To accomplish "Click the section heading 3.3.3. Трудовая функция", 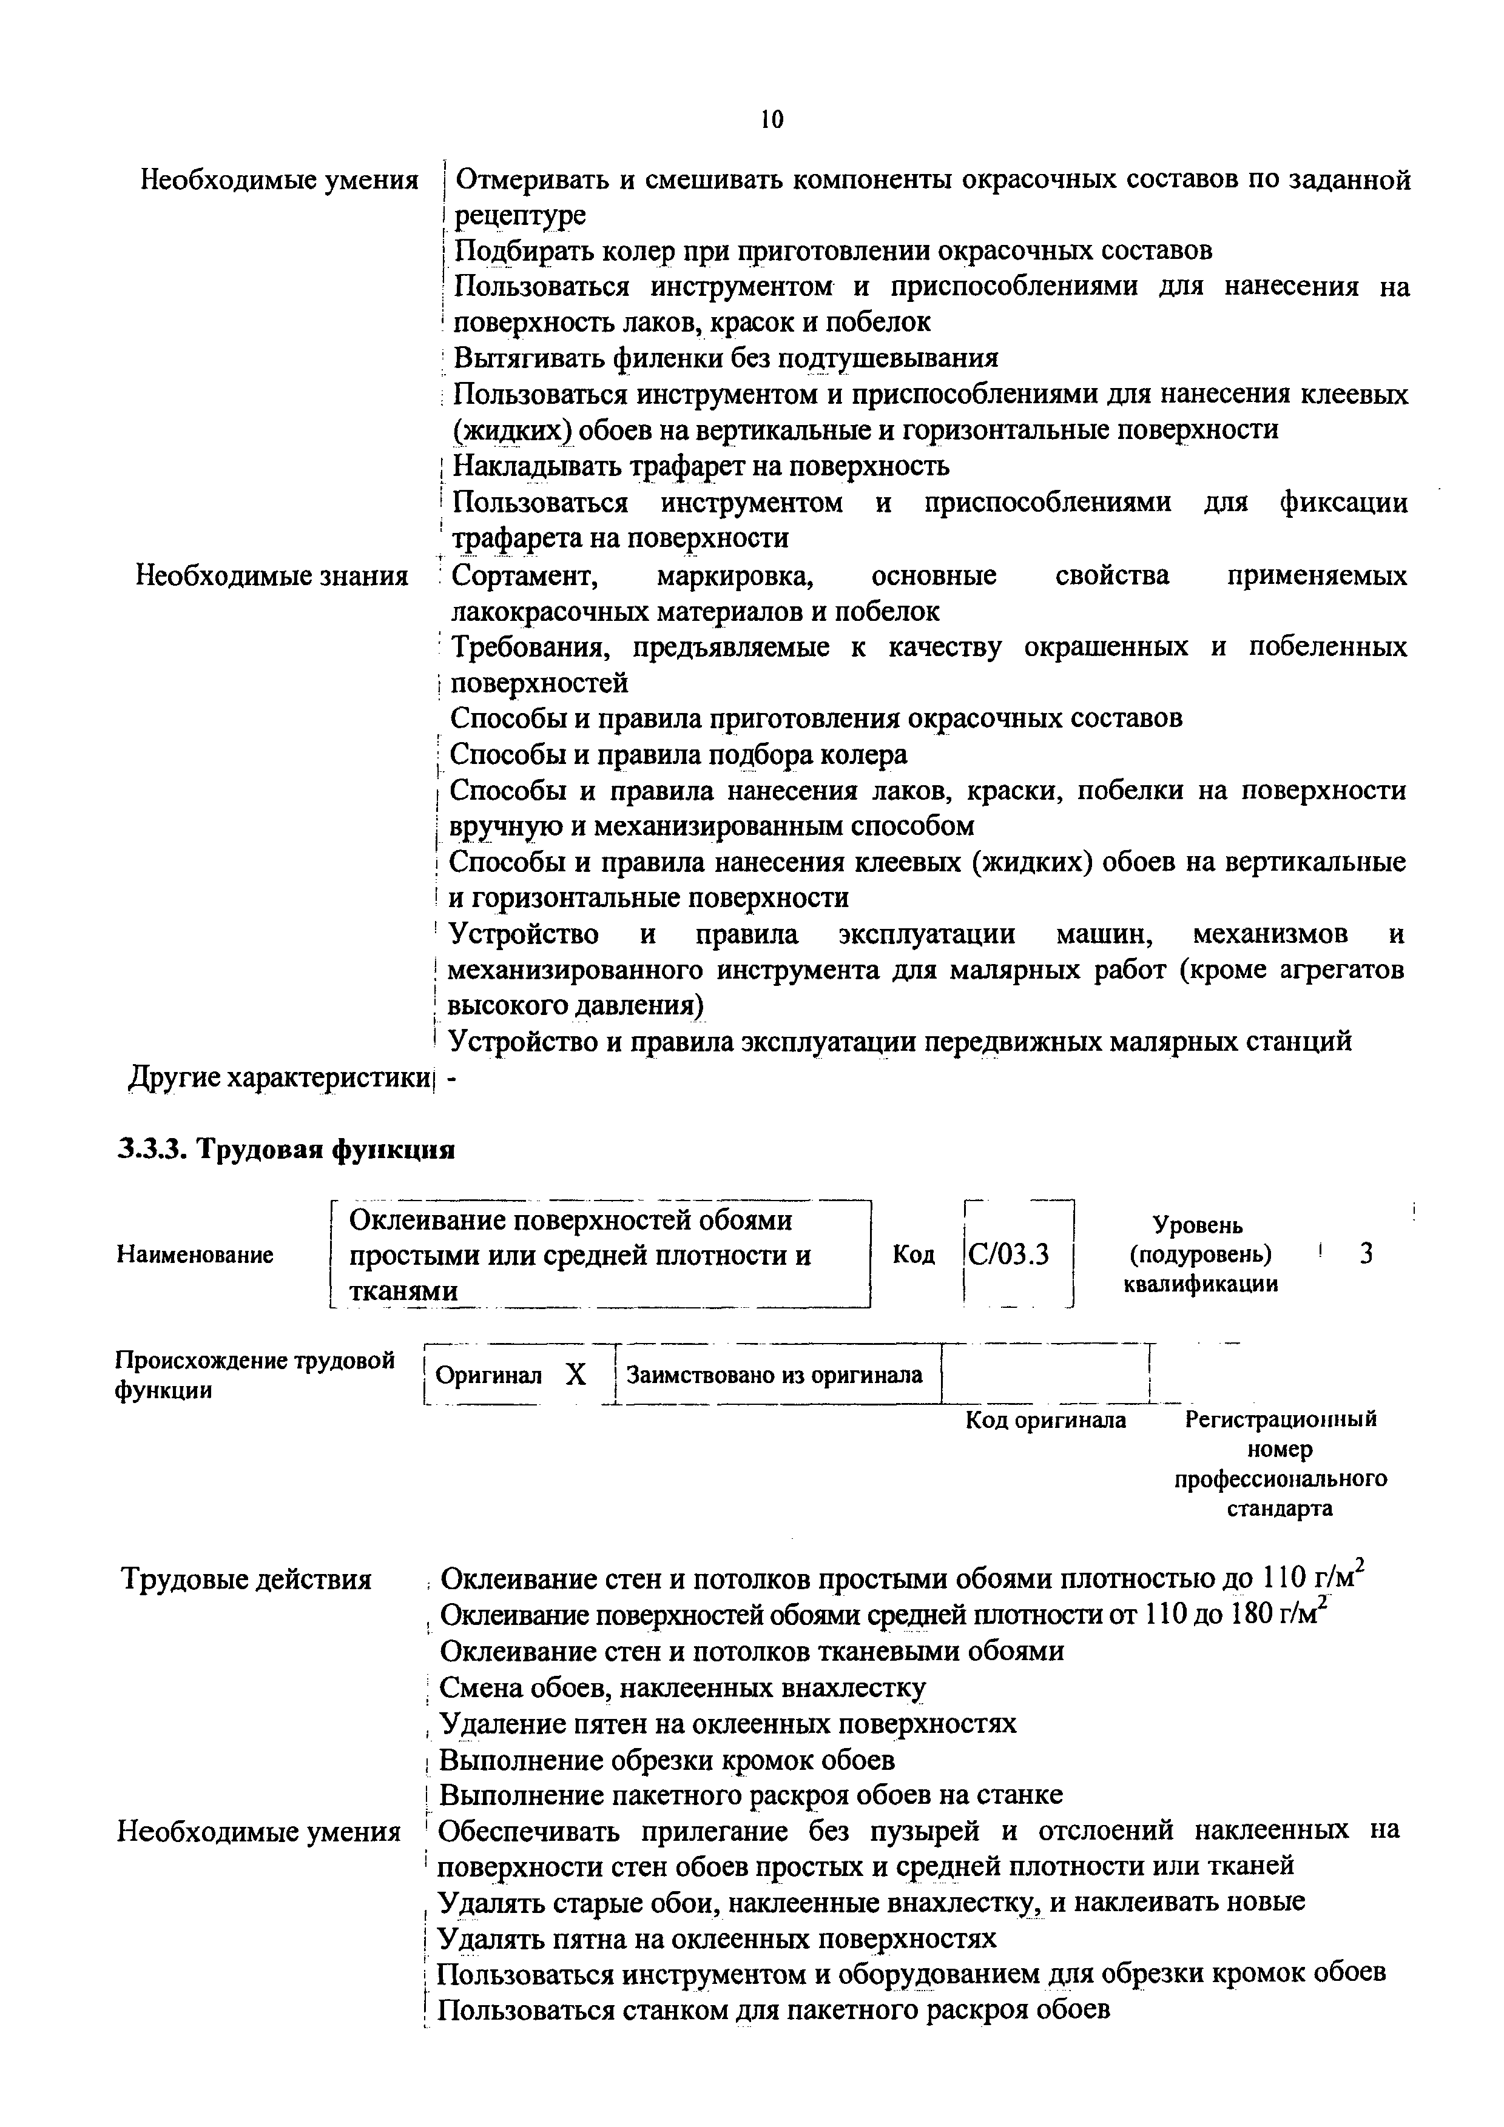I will pos(286,1151).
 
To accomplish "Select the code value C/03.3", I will pos(1008,1255).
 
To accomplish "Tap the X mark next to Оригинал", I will pos(576,1375).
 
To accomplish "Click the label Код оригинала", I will pos(1045,1420).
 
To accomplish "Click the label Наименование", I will pos(195,1255).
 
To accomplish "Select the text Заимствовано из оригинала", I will pos(775,1375).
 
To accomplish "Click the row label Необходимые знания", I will pos(272,576).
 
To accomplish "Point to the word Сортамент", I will pos(525,576).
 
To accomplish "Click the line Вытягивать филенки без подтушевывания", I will pos(726,358).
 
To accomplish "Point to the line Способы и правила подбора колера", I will pos(678,755).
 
